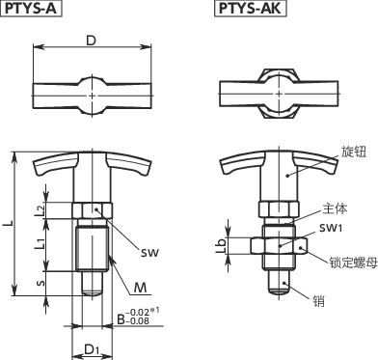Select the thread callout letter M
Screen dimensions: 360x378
[140, 287]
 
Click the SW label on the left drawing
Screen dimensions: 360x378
[148, 253]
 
